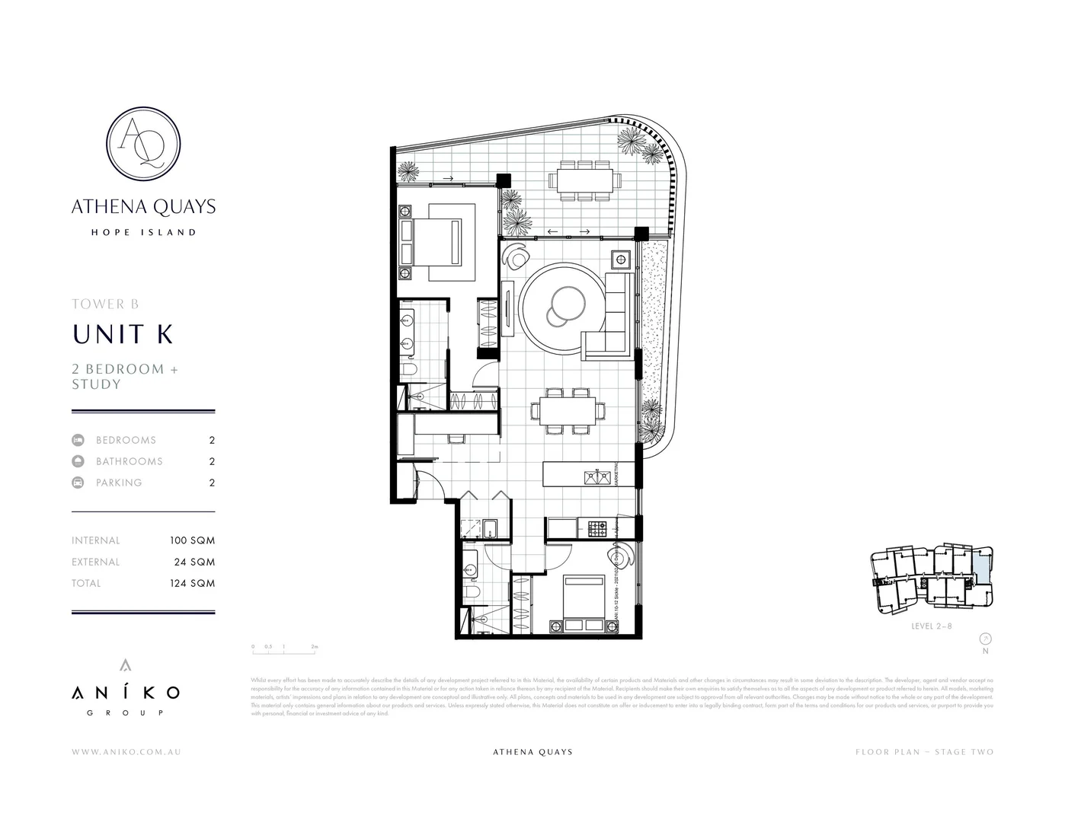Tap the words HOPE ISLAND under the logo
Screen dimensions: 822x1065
point(143,232)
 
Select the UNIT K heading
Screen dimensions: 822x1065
point(123,334)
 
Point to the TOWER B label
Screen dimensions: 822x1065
point(105,304)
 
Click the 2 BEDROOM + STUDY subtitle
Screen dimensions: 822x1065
point(125,376)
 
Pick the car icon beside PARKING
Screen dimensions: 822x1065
point(78,483)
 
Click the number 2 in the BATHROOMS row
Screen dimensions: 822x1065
point(212,461)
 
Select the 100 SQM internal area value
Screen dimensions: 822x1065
point(192,540)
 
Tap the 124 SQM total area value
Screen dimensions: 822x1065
point(192,583)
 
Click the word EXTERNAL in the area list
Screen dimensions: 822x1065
point(96,562)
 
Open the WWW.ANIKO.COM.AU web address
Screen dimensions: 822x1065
point(126,752)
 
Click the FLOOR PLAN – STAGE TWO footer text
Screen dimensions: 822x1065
point(924,752)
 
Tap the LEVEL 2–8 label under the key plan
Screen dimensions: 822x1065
point(932,626)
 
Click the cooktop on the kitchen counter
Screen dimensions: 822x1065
point(597,525)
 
